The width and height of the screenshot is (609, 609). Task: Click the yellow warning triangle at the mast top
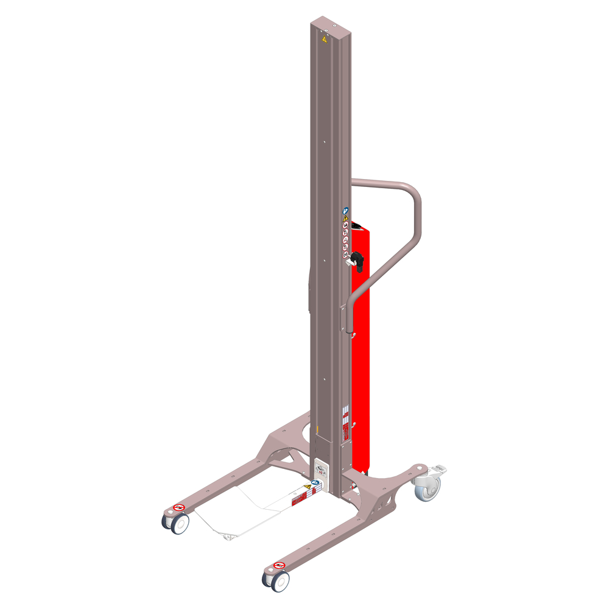point(325,39)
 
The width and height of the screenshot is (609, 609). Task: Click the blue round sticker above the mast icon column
point(345,210)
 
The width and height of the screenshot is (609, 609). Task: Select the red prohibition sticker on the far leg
point(179,507)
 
